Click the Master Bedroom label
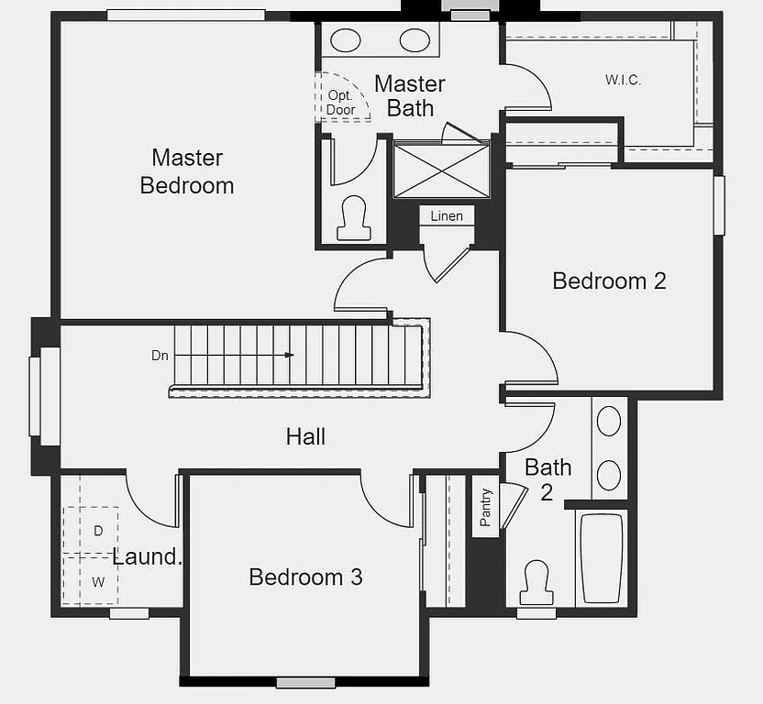tap(187, 171)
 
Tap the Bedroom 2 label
tap(609, 280)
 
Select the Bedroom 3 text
tap(305, 577)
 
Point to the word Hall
tap(305, 436)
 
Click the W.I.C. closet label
tap(623, 80)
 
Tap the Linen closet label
tap(447, 216)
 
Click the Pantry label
tap(486, 506)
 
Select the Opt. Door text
tap(341, 103)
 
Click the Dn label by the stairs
tap(160, 355)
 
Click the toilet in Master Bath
tap(354, 220)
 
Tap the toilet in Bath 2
tap(536, 582)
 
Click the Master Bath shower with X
tap(441, 170)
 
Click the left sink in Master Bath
tap(346, 40)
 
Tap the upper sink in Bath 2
tap(609, 421)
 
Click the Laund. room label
tap(148, 556)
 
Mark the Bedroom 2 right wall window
tap(719, 204)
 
